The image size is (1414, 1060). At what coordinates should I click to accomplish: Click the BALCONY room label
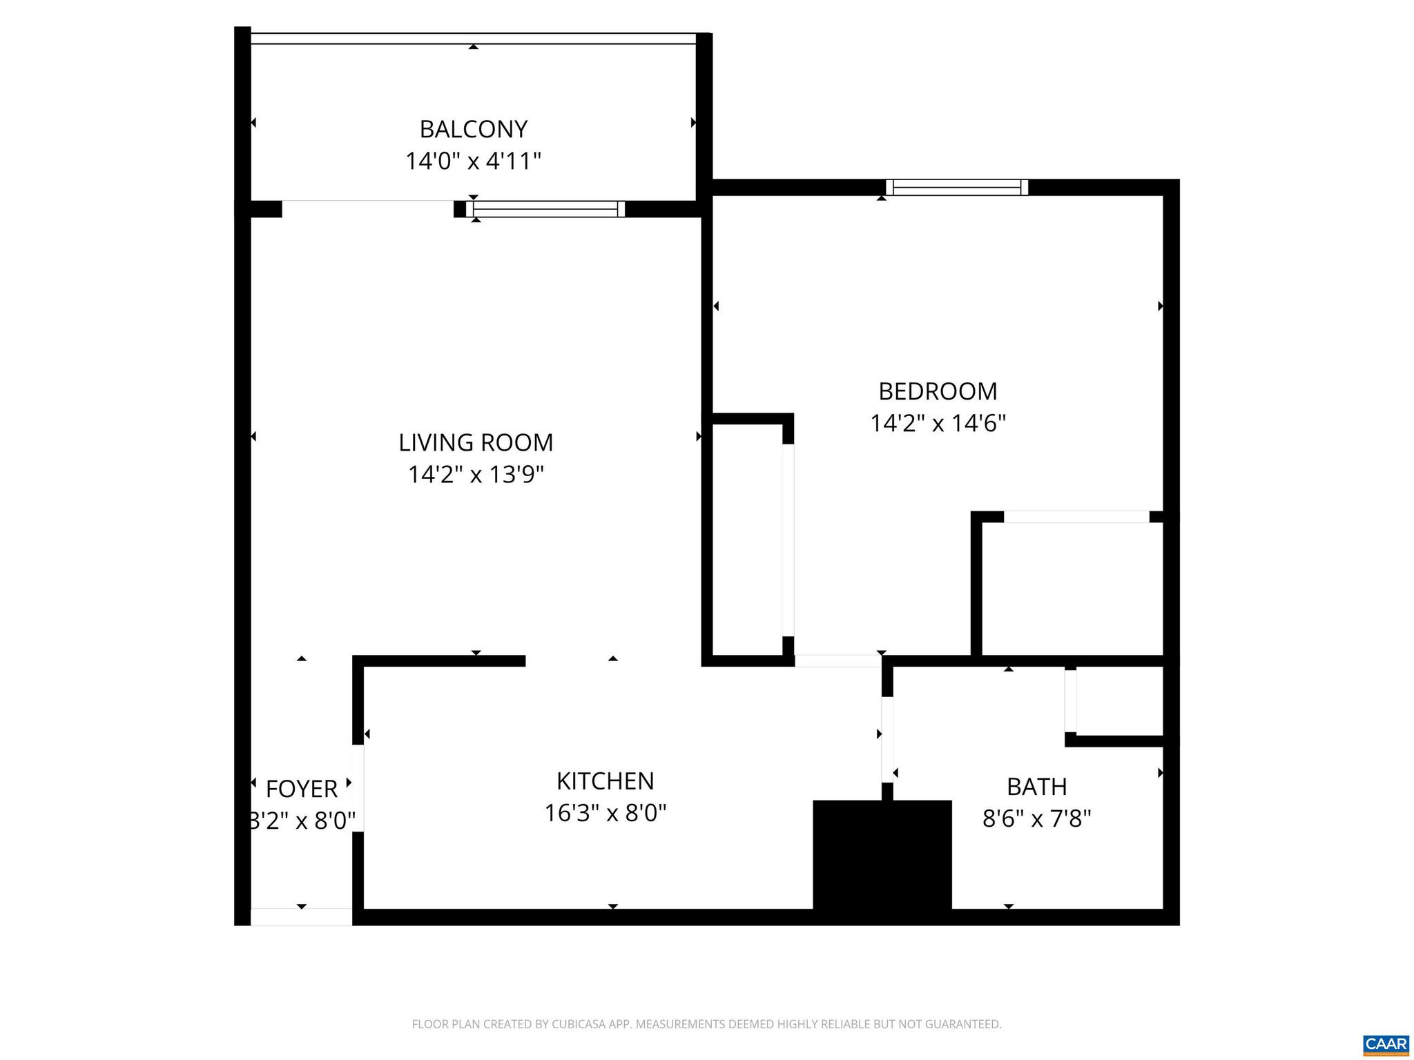(x=473, y=129)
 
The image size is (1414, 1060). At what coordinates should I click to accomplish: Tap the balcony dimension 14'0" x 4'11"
(x=473, y=161)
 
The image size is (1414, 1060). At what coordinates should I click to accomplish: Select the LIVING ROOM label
(x=476, y=442)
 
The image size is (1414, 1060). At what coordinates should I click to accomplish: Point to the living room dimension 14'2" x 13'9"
(x=476, y=475)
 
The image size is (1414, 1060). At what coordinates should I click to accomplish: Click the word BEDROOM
(x=938, y=391)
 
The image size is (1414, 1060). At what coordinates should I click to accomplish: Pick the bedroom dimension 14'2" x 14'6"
(x=938, y=423)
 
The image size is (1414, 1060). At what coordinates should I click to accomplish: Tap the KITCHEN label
(x=605, y=781)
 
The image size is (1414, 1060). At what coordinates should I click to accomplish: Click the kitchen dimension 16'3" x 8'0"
(x=605, y=813)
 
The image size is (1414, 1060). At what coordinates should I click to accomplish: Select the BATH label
(x=1036, y=787)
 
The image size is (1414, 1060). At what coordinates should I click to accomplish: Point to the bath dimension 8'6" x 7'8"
(x=1036, y=819)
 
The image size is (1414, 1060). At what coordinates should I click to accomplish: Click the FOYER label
(x=302, y=788)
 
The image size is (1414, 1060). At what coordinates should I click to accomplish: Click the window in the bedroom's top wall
(x=956, y=187)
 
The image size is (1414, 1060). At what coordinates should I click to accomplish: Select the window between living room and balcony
(x=545, y=209)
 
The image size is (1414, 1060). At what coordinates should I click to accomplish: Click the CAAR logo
(x=1386, y=1043)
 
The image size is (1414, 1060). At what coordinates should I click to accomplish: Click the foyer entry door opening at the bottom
(x=301, y=917)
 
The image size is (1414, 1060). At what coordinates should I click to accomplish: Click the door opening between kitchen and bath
(x=887, y=740)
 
